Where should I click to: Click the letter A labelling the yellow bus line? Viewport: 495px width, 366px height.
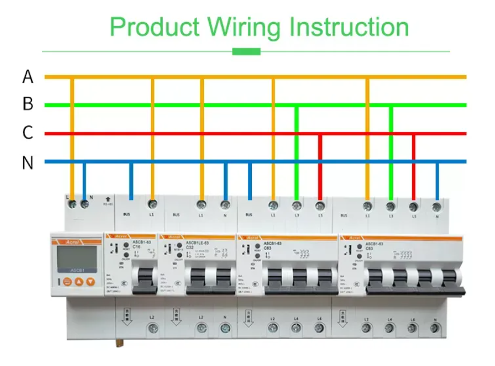click(x=28, y=76)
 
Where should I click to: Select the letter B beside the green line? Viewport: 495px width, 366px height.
click(x=28, y=105)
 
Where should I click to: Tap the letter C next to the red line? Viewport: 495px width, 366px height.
click(x=28, y=133)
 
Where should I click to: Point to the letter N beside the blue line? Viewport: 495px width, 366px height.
click(x=28, y=163)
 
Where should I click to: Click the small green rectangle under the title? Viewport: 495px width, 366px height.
click(x=246, y=51)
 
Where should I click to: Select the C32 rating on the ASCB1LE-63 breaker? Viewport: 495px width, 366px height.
click(x=190, y=247)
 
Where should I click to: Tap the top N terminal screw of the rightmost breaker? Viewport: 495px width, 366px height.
click(x=437, y=206)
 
